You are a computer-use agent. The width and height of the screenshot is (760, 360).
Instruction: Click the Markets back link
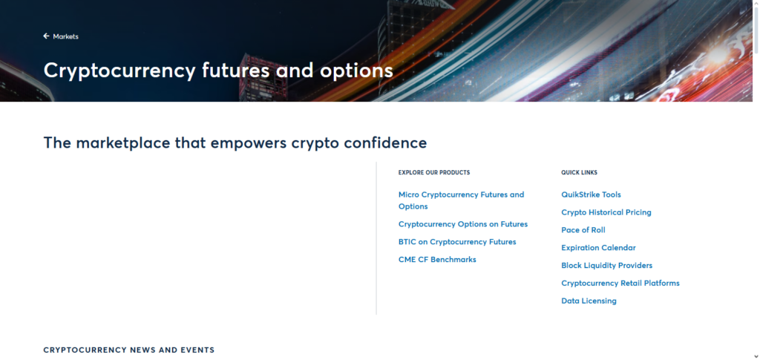pos(65,36)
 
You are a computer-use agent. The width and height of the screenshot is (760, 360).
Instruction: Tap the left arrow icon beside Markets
pos(46,36)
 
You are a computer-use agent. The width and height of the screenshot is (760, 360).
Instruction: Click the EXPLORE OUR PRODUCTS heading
pos(433,172)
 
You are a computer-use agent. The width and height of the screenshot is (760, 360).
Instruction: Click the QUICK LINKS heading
pos(579,172)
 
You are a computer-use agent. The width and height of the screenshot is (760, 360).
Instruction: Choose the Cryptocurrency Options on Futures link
pos(462,224)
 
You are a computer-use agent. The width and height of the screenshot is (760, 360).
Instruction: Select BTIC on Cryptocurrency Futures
pos(456,242)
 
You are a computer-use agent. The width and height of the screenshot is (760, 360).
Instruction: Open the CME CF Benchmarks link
pos(437,260)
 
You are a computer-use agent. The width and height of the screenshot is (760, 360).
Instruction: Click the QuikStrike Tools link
pos(591,194)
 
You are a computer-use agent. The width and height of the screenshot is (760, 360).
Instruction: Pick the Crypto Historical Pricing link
pos(606,212)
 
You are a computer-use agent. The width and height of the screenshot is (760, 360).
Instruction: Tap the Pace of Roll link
pos(583,230)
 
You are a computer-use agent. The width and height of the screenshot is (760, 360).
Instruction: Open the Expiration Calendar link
pos(598,248)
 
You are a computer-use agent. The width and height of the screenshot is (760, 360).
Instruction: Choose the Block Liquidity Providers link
pos(606,266)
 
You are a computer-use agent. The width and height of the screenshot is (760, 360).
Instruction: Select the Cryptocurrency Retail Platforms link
pos(620,284)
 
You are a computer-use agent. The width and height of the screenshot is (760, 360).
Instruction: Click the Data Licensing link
pos(589,301)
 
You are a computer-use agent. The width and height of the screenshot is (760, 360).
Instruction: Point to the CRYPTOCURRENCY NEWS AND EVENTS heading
pos(128,350)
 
